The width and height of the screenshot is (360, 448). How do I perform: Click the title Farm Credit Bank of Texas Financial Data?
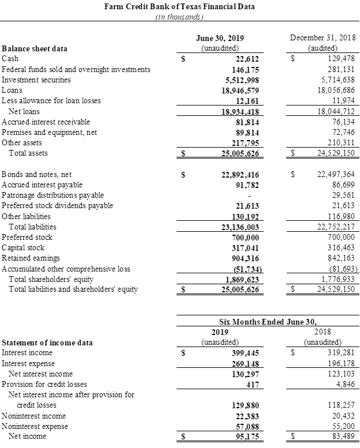[x=179, y=6]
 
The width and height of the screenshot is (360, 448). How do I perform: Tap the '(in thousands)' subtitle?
[x=179, y=17]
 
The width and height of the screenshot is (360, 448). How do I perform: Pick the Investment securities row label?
[x=36, y=80]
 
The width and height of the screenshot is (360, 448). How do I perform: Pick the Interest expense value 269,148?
[x=244, y=364]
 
